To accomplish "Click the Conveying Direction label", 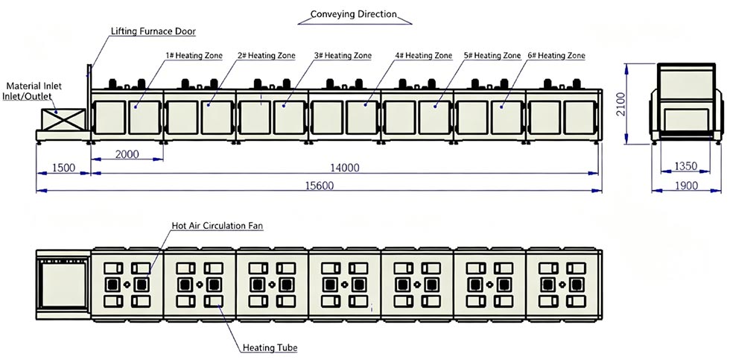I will tap(354, 14).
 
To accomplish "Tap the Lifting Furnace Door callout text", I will tap(153, 31).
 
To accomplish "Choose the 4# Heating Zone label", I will tap(423, 55).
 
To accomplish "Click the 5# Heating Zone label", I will tap(492, 55).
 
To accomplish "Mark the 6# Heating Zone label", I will tap(556, 55).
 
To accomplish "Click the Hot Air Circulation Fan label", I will tap(218, 225).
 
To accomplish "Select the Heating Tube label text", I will tap(269, 347).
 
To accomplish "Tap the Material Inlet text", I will tap(34, 86).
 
